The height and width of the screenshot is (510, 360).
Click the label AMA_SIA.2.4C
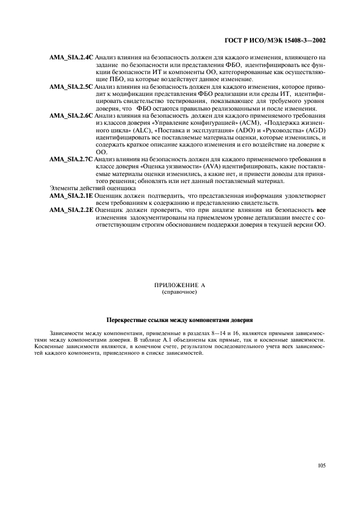tap(71, 57)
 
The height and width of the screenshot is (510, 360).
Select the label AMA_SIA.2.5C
tap(71, 86)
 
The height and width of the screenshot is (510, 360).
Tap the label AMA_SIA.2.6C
tap(71, 116)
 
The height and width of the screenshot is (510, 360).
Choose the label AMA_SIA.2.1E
tap(71, 195)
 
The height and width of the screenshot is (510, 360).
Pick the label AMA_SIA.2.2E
tap(71, 210)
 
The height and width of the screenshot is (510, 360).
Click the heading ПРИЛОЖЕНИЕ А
tap(179, 286)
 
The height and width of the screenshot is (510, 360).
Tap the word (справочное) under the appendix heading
tap(179, 292)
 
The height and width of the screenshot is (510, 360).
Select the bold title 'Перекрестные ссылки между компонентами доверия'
tap(179, 319)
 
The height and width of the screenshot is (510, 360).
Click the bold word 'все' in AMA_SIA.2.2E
tap(321, 210)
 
